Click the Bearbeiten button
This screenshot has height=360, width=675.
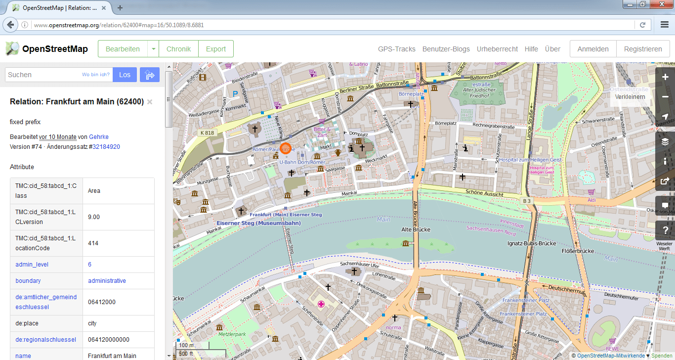pyautogui.click(x=123, y=49)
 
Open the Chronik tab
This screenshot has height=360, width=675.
pyautogui.click(x=178, y=49)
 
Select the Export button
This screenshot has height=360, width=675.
pyautogui.click(x=216, y=49)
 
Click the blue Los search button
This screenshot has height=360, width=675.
pyautogui.click(x=125, y=75)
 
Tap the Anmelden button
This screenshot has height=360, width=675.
pyautogui.click(x=592, y=49)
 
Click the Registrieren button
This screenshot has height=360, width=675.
pyautogui.click(x=642, y=49)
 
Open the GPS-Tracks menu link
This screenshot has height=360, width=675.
pyautogui.click(x=397, y=49)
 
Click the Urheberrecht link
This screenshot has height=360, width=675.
pyautogui.click(x=497, y=49)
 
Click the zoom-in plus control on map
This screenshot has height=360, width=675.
pyautogui.click(x=665, y=77)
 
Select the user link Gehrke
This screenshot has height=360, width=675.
pyautogui.click(x=99, y=137)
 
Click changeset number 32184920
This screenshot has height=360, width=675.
pyautogui.click(x=106, y=147)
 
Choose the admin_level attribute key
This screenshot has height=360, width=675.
pyautogui.click(x=32, y=265)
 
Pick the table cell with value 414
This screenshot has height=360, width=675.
pyautogui.click(x=118, y=243)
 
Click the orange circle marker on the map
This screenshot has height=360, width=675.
pyautogui.click(x=285, y=148)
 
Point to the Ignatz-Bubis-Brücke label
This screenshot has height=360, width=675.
pyautogui.click(x=532, y=243)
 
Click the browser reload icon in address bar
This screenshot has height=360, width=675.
pyautogui.click(x=642, y=25)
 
